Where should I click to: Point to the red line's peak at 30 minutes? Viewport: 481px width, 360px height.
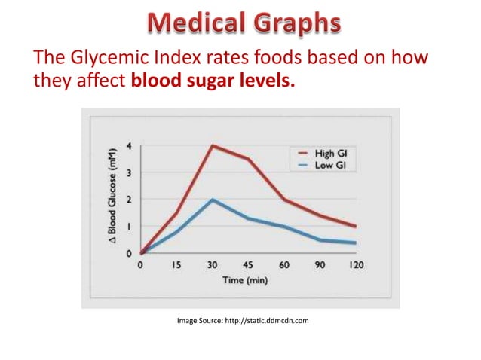coord(213,145)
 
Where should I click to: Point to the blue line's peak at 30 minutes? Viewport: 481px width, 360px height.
coord(213,200)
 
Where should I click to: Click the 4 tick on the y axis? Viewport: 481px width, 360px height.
coord(129,146)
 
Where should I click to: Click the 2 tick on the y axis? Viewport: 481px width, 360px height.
coord(129,200)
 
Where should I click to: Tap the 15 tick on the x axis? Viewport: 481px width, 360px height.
coord(176,266)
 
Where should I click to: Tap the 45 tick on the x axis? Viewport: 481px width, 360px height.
coord(249,266)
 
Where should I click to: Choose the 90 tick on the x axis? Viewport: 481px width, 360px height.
coord(320,266)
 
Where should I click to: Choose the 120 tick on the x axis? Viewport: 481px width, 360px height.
coord(356,266)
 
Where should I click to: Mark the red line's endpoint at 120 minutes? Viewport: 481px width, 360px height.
coord(356,226)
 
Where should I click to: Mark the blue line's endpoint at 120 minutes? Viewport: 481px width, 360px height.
coord(356,243)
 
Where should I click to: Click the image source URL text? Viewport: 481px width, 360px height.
coord(243,321)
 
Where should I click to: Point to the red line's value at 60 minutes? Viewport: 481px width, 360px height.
coord(284,200)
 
